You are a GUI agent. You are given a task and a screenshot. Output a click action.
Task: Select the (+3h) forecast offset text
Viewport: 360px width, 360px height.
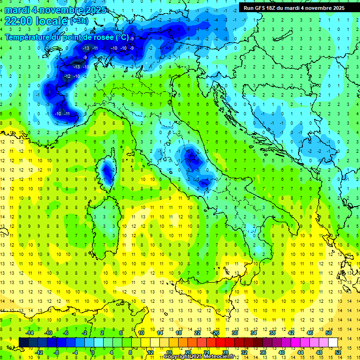click(78, 21)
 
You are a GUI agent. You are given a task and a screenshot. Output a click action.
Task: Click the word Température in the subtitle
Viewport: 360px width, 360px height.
click(27, 37)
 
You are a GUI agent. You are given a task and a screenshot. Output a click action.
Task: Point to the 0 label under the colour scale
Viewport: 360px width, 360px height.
click(93, 352)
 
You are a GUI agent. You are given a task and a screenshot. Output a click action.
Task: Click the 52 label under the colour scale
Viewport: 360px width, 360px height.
click(338, 352)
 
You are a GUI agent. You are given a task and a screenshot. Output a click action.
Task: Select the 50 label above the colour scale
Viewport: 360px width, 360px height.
click(328, 333)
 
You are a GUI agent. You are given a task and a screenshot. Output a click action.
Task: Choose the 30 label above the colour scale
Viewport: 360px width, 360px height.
click(234, 333)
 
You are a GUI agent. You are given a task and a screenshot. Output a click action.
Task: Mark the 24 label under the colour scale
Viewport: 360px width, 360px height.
click(206, 352)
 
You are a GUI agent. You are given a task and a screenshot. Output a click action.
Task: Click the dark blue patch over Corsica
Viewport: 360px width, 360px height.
click(107, 172)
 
